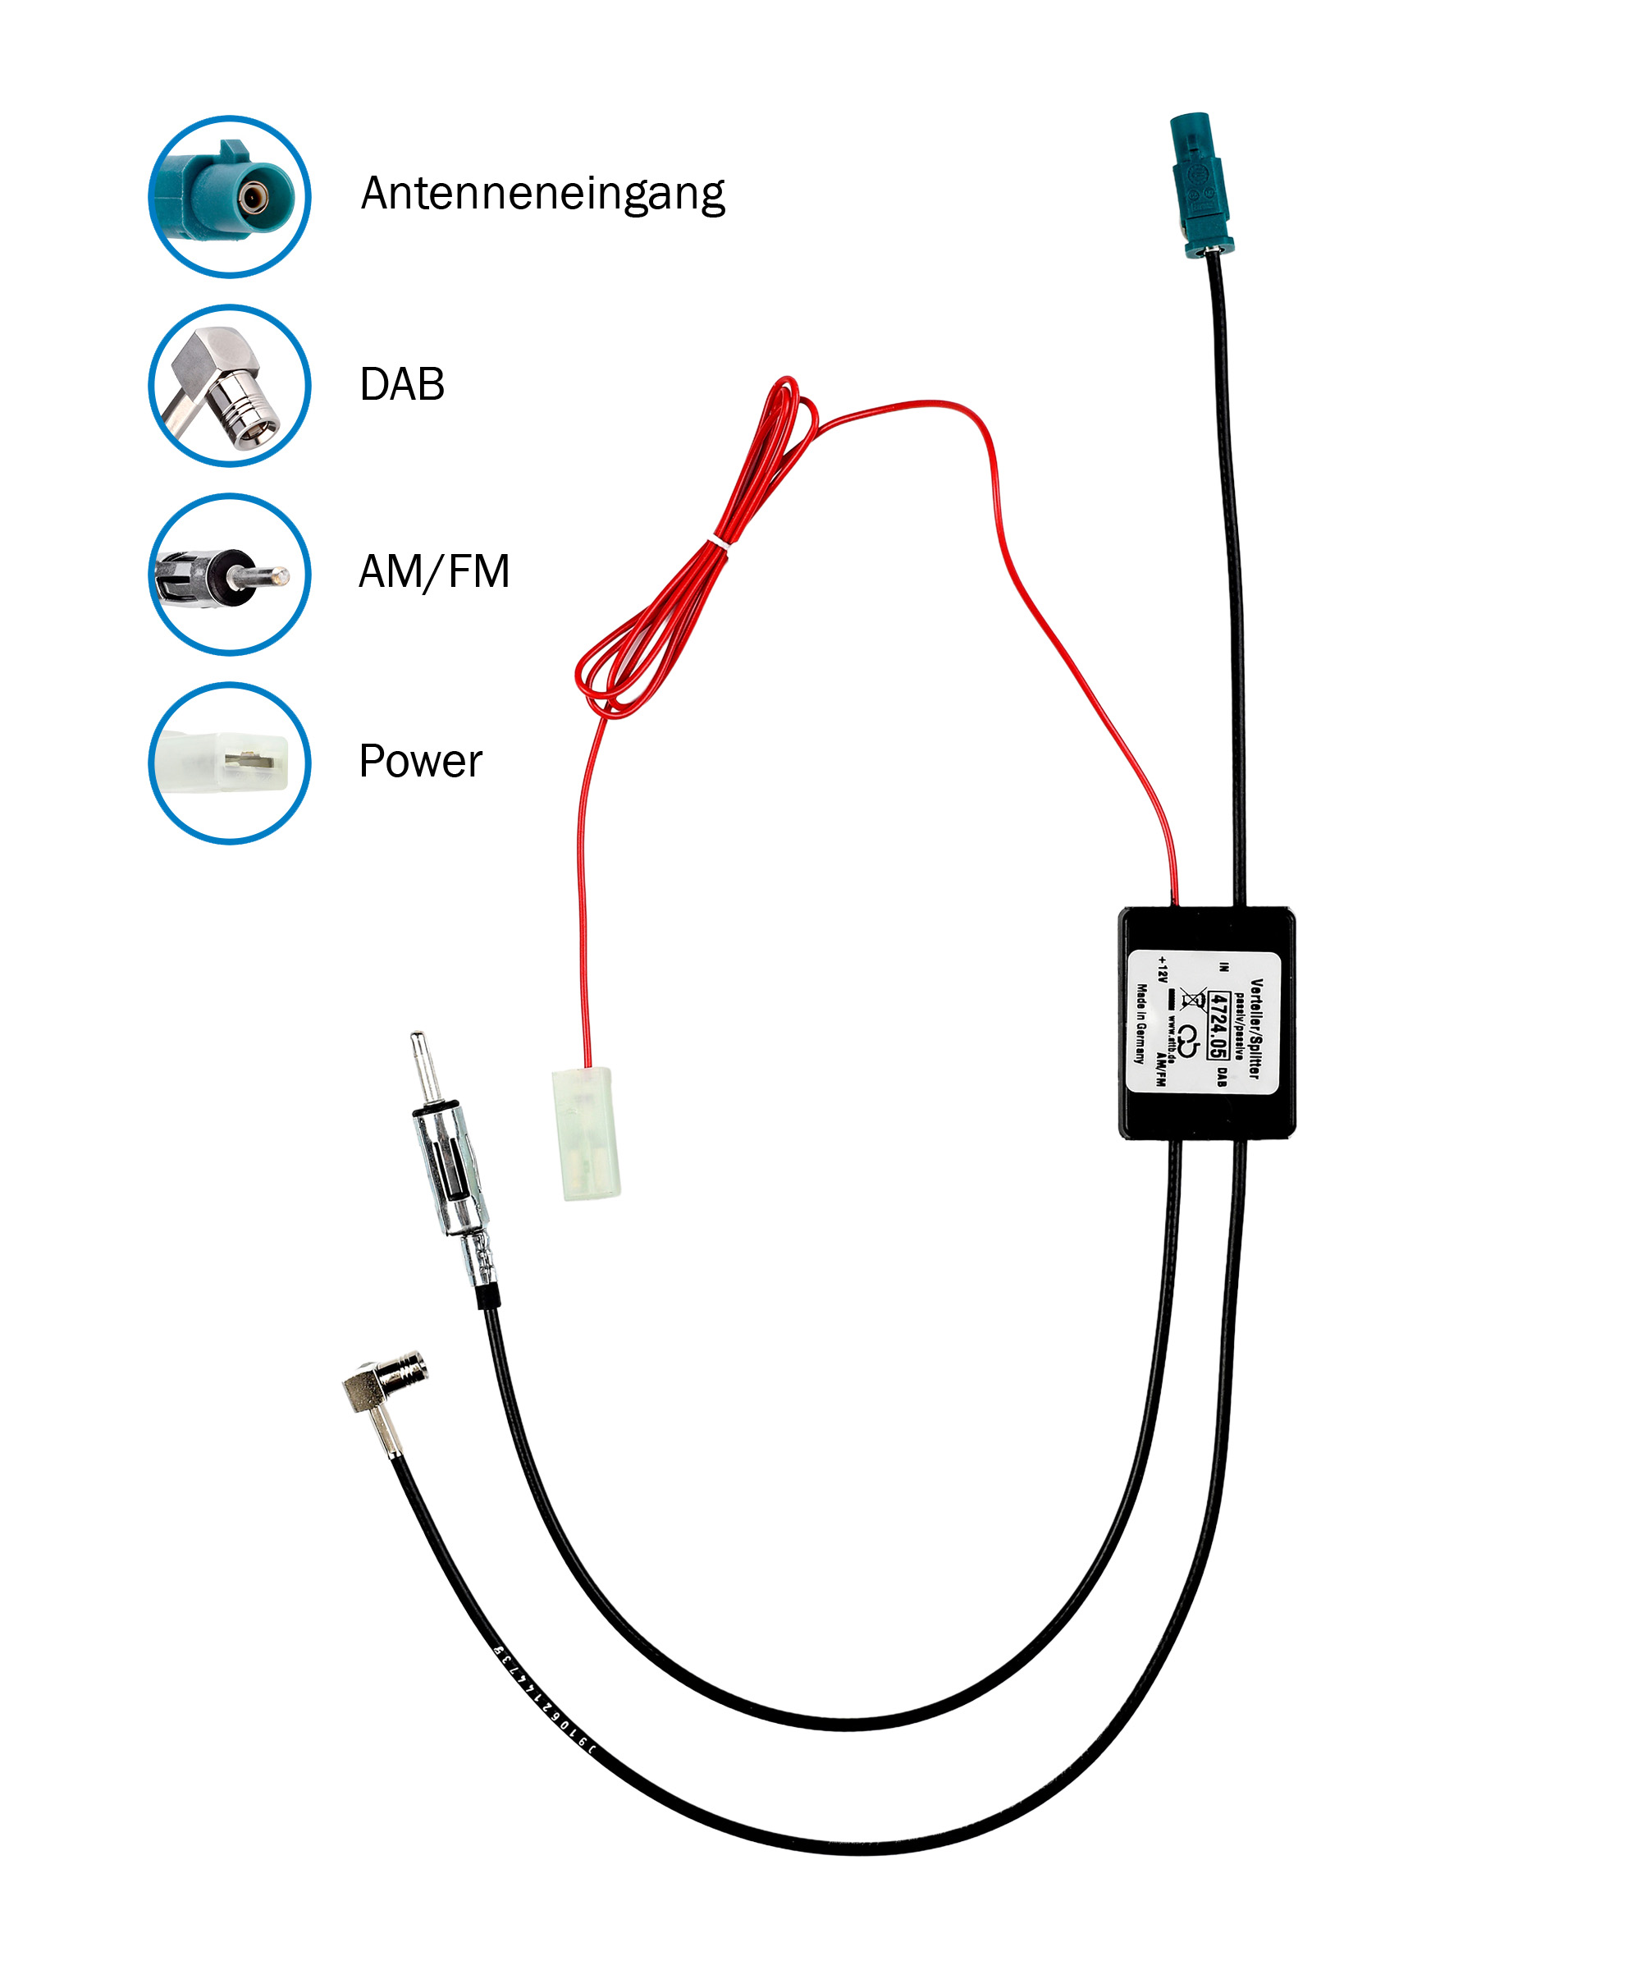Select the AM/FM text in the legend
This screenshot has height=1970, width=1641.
433,571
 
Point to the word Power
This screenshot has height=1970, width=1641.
419,761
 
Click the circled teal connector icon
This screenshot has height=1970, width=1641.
230,197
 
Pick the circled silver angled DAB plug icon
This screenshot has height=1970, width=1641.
230,386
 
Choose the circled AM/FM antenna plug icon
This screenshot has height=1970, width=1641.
230,574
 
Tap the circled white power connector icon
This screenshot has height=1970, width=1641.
230,763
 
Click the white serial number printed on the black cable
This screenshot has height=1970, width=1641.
544,1702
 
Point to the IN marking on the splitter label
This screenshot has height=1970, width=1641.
1223,965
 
